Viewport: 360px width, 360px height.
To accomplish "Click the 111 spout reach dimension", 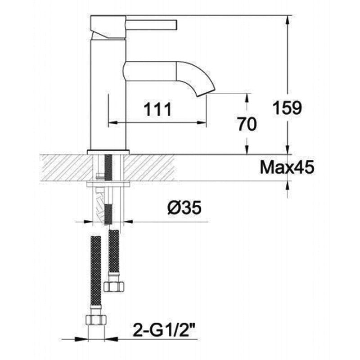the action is pyautogui.click(x=157, y=109).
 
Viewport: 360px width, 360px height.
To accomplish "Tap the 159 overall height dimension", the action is pyautogui.click(x=287, y=108).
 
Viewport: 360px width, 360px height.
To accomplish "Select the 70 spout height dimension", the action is pyautogui.click(x=247, y=124).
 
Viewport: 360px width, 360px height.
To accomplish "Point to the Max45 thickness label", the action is pyautogui.click(x=287, y=167).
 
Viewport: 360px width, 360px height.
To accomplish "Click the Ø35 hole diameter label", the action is pyautogui.click(x=184, y=207).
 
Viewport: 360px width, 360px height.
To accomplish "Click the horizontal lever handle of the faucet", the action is pyautogui.click(x=152, y=25).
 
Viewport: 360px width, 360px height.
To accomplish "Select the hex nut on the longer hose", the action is pyautogui.click(x=96, y=319).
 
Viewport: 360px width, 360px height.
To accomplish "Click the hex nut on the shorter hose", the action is pyautogui.click(x=114, y=287).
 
